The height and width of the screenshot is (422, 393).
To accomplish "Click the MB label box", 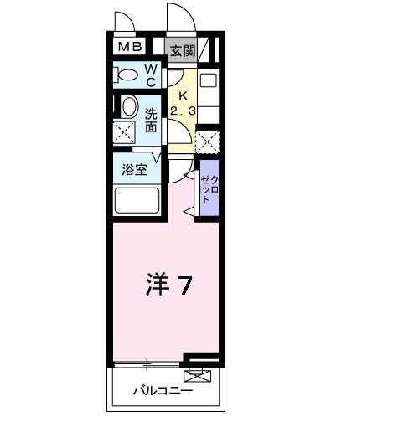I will click(129, 49).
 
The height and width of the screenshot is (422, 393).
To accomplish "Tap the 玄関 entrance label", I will click(182, 50).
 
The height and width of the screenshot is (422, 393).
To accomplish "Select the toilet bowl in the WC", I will click(128, 75).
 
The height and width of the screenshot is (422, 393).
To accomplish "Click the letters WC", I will click(152, 75).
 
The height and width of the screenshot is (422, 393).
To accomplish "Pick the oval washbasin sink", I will click(130, 106).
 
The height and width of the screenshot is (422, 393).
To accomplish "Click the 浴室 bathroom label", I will click(135, 167).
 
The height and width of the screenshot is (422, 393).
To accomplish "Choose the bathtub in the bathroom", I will click(137, 202).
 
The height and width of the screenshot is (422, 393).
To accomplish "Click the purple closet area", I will click(209, 191).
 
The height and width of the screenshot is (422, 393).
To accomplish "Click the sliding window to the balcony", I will click(147, 363).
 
